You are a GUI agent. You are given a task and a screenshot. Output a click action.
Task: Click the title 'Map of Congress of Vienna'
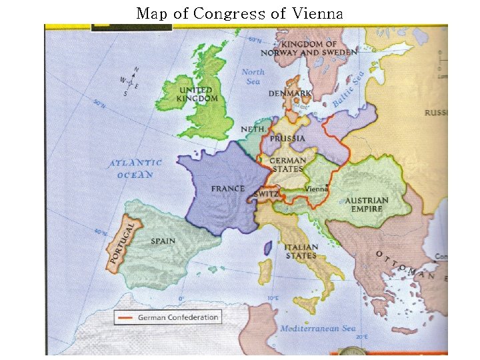(239, 13)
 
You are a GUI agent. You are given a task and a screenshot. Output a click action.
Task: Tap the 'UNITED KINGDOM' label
(197, 95)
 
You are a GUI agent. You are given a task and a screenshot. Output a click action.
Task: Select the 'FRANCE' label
(228, 189)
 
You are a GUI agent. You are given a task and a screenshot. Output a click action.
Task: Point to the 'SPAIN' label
(163, 241)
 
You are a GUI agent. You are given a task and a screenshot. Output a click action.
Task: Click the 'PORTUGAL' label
(123, 243)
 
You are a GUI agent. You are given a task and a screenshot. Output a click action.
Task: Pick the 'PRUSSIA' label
(288, 139)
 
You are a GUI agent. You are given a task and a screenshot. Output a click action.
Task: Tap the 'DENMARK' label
(290, 94)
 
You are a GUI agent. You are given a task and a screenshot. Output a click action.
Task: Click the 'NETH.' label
(253, 129)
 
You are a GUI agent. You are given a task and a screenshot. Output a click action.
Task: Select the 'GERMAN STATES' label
(288, 165)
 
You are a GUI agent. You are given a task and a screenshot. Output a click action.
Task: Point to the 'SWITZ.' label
(266, 194)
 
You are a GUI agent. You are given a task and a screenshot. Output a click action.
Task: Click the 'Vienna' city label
(317, 189)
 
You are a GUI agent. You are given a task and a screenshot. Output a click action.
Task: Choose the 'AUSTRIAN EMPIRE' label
(367, 205)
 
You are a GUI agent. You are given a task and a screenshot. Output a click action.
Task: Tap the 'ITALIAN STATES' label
(301, 251)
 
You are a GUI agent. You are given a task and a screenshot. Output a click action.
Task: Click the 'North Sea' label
(253, 76)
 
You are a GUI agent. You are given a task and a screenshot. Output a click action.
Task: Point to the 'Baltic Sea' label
(349, 90)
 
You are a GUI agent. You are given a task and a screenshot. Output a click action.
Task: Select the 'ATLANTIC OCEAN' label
(136, 169)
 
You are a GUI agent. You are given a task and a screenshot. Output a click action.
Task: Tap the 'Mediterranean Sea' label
(318, 329)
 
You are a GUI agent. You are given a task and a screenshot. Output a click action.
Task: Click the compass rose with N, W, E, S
(129, 83)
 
